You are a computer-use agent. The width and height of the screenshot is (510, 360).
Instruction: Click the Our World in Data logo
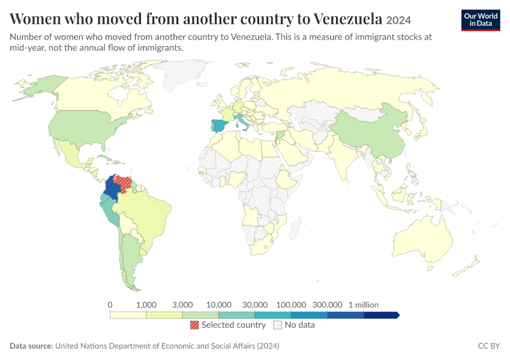point(481,20)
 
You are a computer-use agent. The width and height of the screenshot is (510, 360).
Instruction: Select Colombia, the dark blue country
point(111,188)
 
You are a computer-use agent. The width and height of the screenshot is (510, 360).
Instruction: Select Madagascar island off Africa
point(295,227)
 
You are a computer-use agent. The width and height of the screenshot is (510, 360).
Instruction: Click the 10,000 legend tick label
point(218,305)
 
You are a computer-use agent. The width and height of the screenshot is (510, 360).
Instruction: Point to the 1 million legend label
point(364,305)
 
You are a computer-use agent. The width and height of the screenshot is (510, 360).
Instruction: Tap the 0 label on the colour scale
point(110,305)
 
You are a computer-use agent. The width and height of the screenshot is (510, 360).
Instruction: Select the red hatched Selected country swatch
point(194,325)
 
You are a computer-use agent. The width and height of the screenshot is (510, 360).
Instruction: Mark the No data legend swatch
point(278,325)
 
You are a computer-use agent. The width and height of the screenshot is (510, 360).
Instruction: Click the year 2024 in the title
point(398,20)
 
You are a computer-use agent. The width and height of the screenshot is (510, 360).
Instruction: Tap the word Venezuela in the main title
point(348,19)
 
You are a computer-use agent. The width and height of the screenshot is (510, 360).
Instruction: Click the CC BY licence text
point(489,346)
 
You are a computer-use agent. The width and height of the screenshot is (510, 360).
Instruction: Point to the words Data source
point(31,346)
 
